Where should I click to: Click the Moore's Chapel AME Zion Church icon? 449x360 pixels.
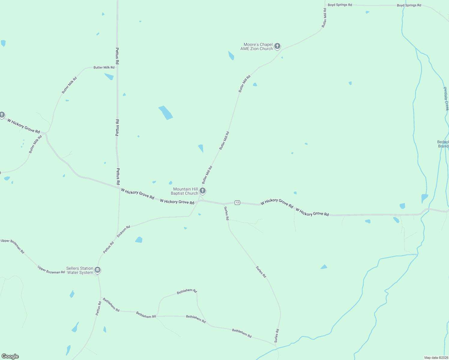[x=277, y=46]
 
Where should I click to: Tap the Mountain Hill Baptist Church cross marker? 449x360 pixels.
[x=203, y=190]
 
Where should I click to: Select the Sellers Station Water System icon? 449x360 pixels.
[x=98, y=270]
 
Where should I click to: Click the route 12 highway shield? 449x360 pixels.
[x=237, y=202]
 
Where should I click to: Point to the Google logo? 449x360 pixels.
[x=10, y=356]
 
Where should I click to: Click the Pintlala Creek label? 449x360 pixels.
[x=446, y=99]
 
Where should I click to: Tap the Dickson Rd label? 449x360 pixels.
[x=123, y=232]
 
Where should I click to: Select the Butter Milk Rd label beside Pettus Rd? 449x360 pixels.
[x=104, y=67]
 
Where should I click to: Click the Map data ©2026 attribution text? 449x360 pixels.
[x=436, y=358]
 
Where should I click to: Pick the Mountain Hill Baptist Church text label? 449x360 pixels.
[x=185, y=191]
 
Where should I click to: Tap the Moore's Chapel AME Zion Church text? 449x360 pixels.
[x=257, y=46]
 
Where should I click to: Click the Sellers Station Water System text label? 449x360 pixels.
[x=80, y=270]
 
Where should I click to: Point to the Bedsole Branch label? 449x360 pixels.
[x=443, y=144]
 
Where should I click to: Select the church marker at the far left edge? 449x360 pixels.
[x=2, y=115]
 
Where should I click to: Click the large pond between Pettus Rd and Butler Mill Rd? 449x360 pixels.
[x=165, y=112]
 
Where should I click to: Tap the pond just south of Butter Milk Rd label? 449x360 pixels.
[x=109, y=76]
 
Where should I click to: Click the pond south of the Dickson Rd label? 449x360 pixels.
[x=139, y=240]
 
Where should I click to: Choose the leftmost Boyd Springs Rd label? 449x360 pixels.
[x=340, y=5]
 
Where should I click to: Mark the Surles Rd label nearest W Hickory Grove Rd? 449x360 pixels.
[x=227, y=213]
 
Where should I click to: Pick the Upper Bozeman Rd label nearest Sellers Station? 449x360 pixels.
[x=51, y=269]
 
